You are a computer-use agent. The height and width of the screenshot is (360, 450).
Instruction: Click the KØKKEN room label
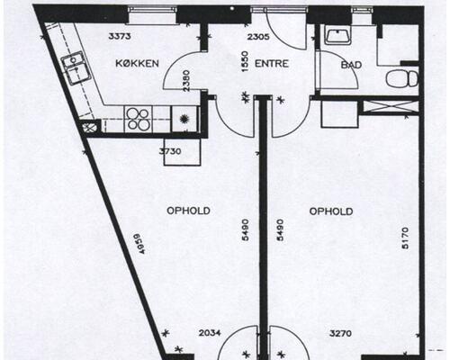pos(137,64)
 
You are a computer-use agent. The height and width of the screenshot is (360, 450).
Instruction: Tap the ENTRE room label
pos(272,64)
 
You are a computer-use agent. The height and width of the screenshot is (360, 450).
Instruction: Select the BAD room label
pos(351,65)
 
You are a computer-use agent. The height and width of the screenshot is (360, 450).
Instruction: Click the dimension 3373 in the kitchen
pos(120,37)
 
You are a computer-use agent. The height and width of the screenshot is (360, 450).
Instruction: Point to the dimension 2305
pos(258,37)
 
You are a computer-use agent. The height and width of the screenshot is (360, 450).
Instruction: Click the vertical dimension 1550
pos(245,61)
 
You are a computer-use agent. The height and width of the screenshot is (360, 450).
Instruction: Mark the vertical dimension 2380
pos(186,81)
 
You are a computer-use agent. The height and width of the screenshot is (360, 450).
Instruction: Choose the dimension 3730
pos(170,151)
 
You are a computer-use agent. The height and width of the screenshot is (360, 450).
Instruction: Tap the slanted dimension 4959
pos(139,244)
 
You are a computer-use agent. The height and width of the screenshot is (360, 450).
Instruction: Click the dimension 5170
pos(405,238)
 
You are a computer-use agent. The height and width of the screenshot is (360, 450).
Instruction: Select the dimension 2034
pos(210,333)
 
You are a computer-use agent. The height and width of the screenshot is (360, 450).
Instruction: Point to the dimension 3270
pos(340,333)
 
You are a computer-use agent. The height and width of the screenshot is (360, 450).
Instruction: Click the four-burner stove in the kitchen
pos(138,119)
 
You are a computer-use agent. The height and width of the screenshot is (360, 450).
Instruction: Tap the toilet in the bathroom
pos(402,79)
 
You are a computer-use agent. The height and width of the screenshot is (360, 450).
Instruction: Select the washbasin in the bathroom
pos(338,35)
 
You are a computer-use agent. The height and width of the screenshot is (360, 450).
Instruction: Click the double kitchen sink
pos(76,68)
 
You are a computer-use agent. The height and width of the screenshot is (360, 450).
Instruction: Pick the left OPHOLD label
pos(188,211)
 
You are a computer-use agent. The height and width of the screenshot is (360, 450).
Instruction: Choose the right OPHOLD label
pos(331,211)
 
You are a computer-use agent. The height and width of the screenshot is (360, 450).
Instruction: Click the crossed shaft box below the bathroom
pos(391,107)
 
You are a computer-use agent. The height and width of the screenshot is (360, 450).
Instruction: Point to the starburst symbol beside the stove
pos(184,119)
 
